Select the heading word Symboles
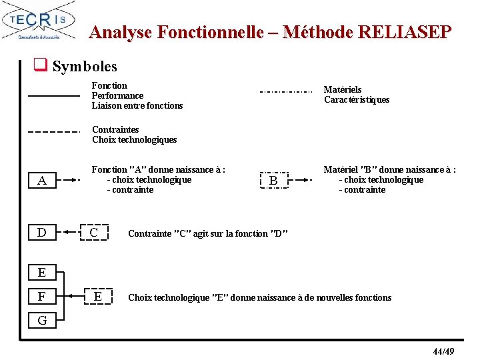click(x=85, y=66)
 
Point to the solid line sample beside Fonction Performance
click(x=53, y=97)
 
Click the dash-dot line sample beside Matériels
click(x=285, y=91)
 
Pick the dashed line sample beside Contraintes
click(x=53, y=131)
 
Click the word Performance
click(x=117, y=95)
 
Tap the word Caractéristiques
click(x=357, y=100)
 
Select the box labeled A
click(x=42, y=181)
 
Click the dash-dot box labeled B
click(x=273, y=181)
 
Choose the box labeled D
click(x=42, y=232)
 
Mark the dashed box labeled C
click(x=94, y=232)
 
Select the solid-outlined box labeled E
click(x=42, y=272)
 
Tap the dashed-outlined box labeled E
click(x=98, y=296)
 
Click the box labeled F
click(x=42, y=296)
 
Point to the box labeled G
click(x=42, y=321)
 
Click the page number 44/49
click(x=443, y=351)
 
